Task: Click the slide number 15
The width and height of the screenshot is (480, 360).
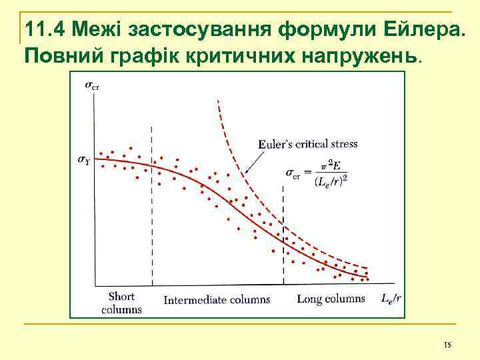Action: point(447,345)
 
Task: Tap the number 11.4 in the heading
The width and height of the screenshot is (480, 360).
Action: point(45,30)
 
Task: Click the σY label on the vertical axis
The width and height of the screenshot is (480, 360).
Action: point(85,159)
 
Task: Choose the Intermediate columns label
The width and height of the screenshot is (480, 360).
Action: point(217,299)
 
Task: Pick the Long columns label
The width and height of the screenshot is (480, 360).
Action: point(331,299)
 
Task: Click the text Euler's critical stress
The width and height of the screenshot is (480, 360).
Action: point(307,144)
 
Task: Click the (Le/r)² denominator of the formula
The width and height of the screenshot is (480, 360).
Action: point(331,180)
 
